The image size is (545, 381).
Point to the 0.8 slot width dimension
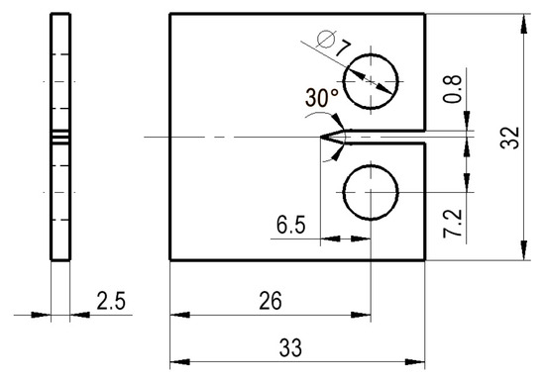(452, 90)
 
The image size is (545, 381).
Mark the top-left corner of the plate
(170, 14)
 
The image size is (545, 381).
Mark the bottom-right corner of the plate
(425, 260)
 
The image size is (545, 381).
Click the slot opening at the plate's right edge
(424, 136)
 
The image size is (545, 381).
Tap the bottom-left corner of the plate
(170, 260)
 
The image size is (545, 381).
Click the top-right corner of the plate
(425, 14)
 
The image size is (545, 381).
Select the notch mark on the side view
(60, 136)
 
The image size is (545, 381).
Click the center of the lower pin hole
(370, 191)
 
